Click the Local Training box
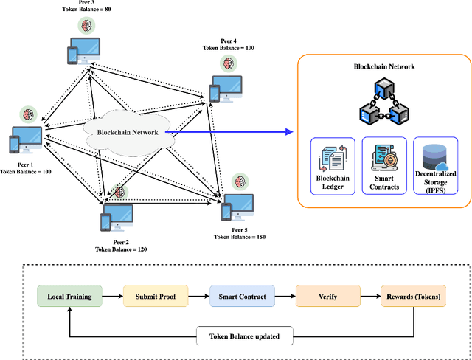pos(70,297)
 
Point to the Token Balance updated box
pos(244,336)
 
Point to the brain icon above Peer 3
pos(86,26)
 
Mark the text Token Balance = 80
pos(87,10)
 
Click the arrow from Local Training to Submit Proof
pos(112,297)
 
